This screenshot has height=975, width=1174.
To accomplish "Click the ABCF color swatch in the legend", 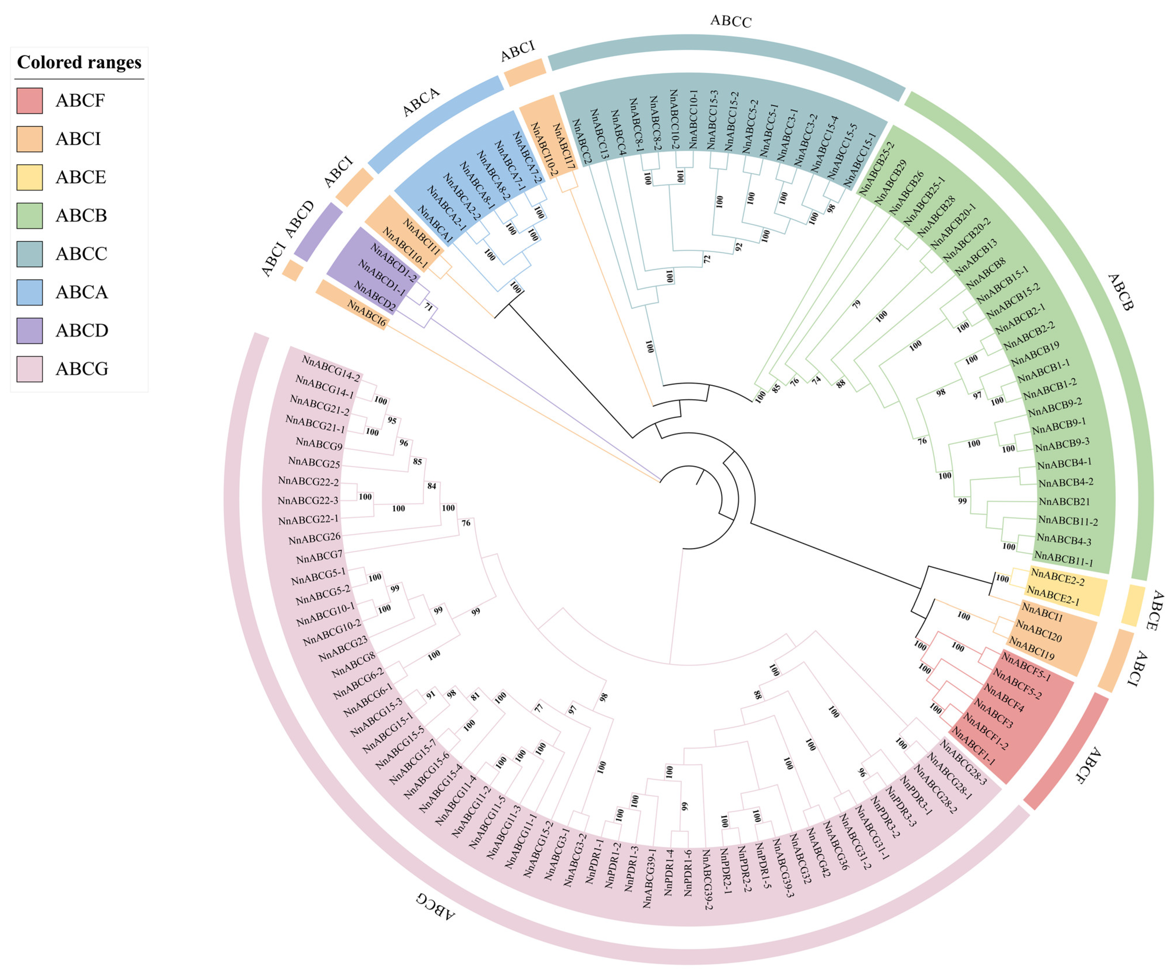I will coord(30,101).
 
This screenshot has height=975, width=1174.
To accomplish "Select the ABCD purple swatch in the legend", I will coord(30,330).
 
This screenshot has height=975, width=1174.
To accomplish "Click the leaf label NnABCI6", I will coord(366,313).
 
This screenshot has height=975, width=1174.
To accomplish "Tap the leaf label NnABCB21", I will coord(1064,501).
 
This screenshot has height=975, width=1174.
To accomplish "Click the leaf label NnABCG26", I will coord(314,538).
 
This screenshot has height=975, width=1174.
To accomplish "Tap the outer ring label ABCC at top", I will coord(731,21).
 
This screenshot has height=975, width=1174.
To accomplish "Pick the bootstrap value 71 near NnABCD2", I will coord(428,307).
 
